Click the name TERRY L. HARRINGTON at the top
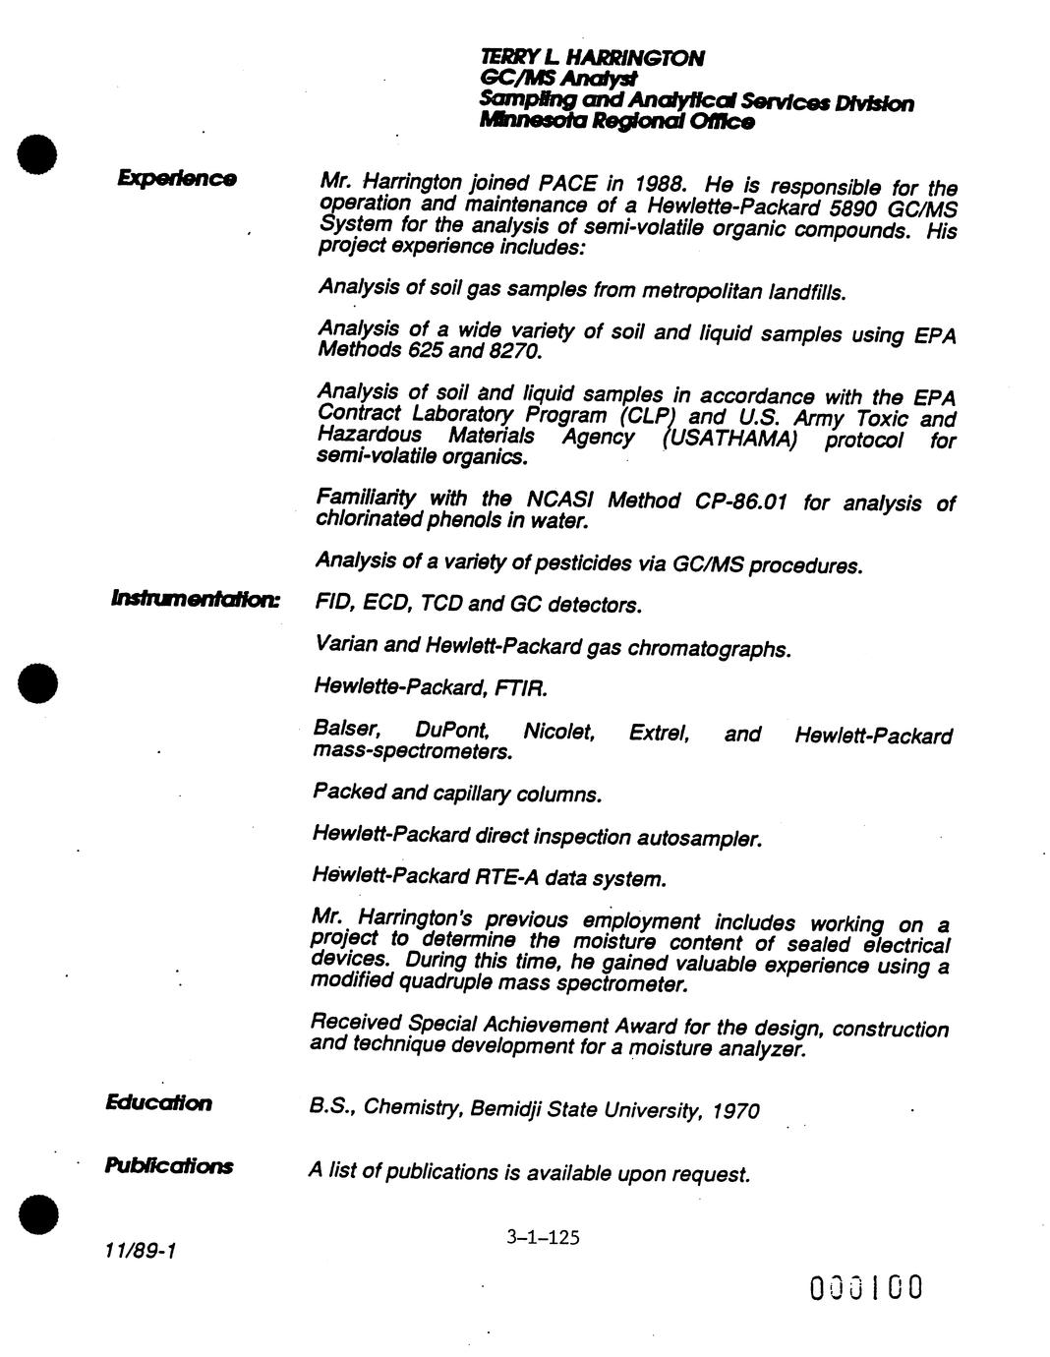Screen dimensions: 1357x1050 coord(592,59)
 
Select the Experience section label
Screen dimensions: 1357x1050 coord(177,178)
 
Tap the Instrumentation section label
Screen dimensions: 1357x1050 coord(196,598)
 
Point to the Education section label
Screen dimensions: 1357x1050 coord(158,1102)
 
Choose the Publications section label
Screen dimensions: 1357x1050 coord(169,1166)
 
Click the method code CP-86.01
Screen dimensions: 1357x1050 coord(741,501)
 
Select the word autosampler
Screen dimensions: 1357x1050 coord(699,839)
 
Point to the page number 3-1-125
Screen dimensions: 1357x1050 coord(543,1237)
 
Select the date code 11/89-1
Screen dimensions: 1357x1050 coord(139,1251)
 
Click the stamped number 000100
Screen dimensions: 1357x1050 coord(866,1287)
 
